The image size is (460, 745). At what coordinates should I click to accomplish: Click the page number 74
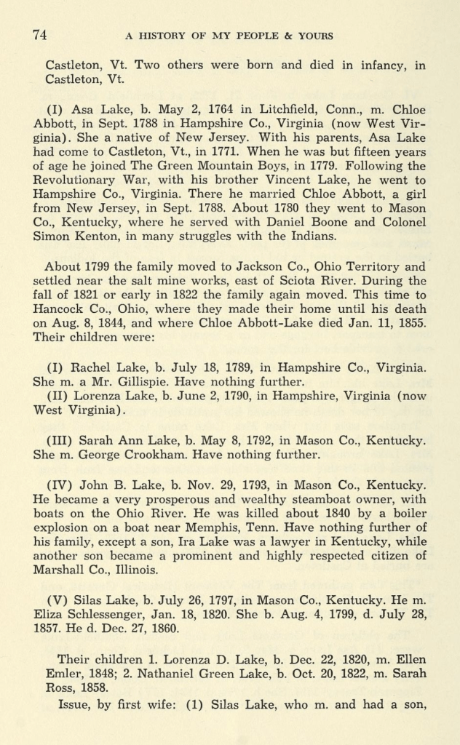point(40,34)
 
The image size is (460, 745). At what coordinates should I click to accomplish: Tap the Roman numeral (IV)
point(58,485)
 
